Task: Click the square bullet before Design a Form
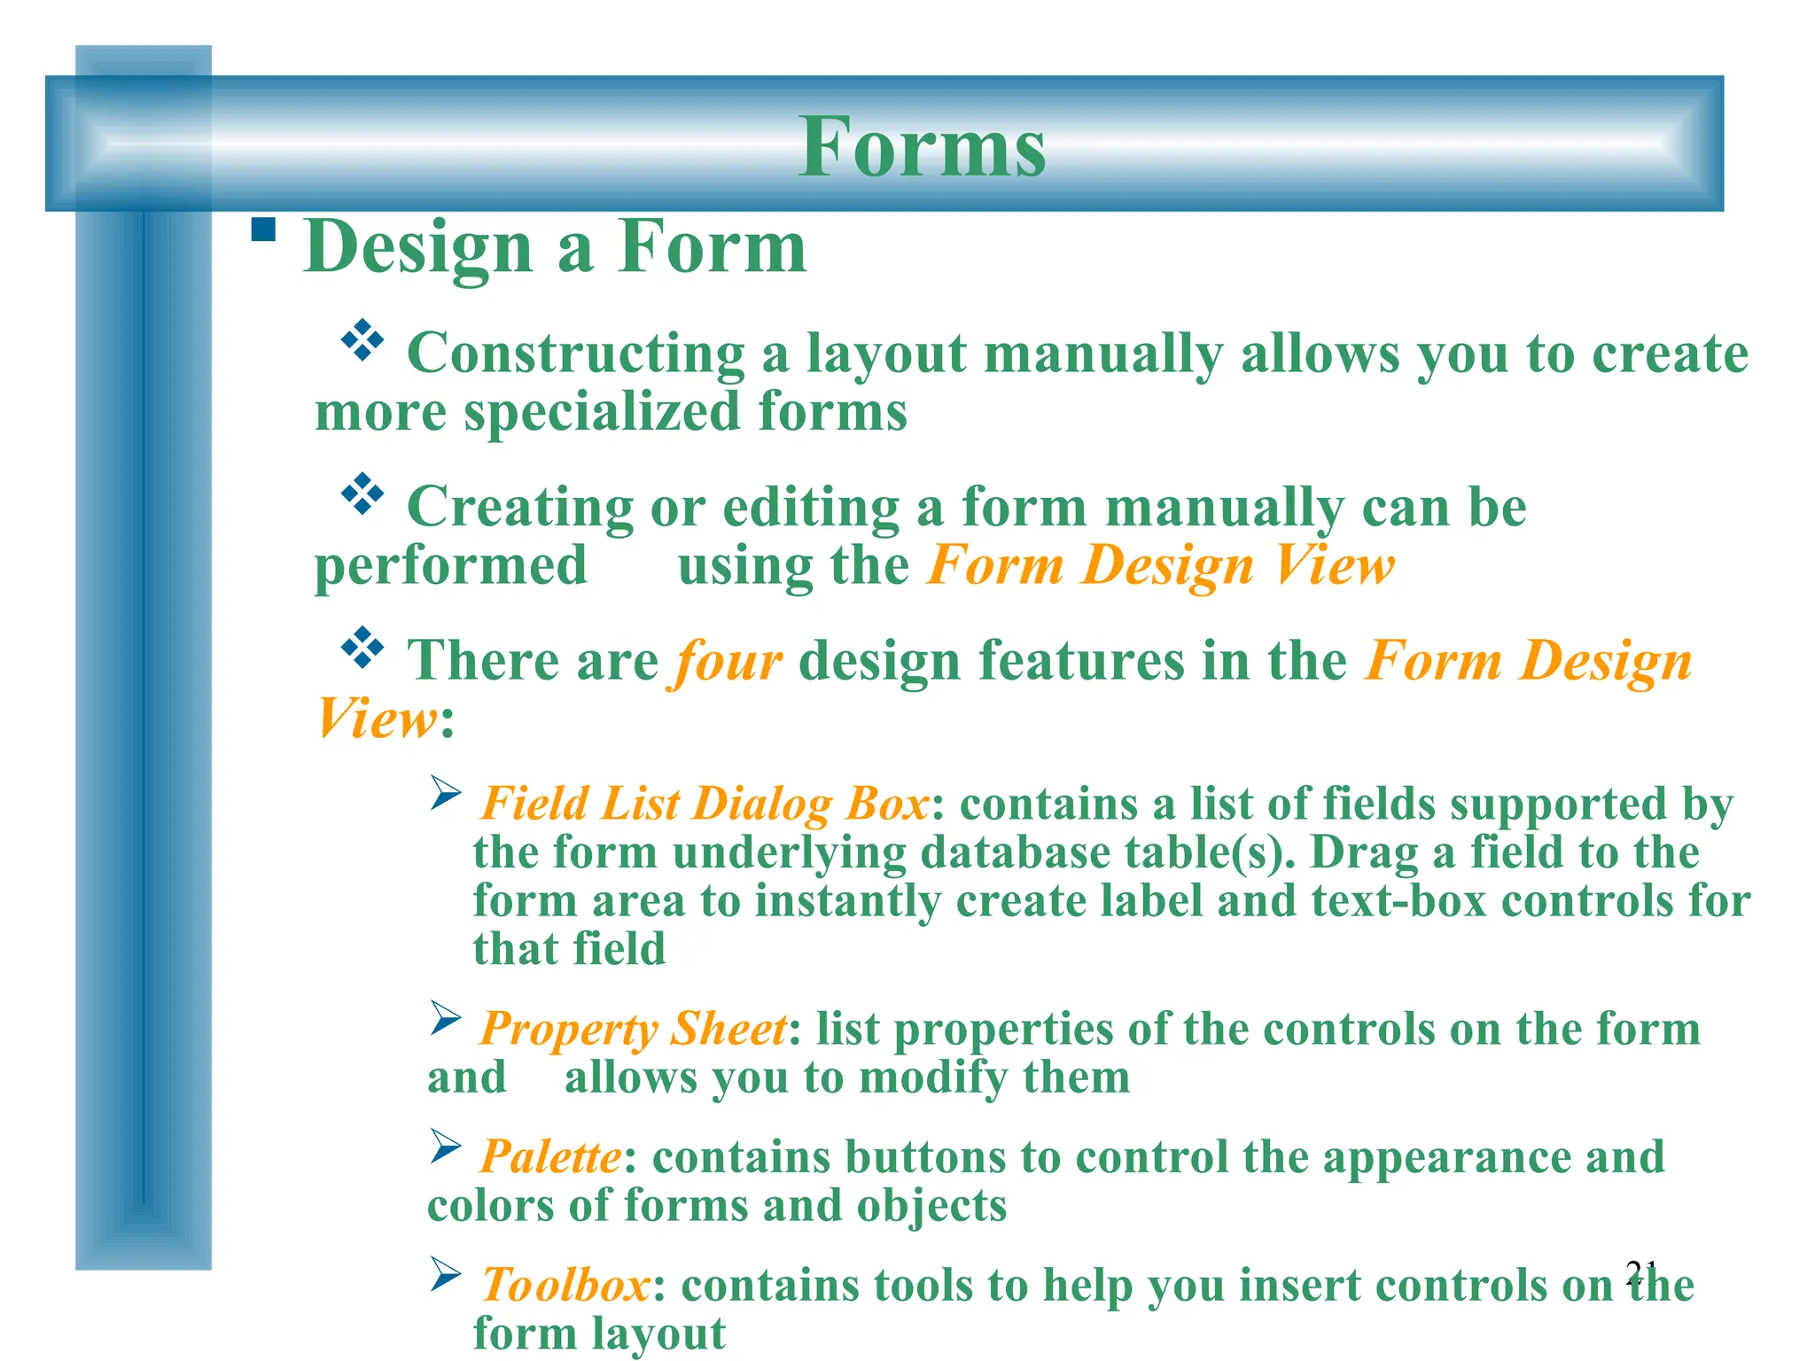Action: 263,230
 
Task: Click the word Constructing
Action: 575,354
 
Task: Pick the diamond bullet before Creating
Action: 362,494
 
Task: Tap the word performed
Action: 450,566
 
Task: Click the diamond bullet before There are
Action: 362,648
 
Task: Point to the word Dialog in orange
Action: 761,805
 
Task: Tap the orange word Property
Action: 568,1030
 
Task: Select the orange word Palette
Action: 550,1157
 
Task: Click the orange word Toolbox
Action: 565,1285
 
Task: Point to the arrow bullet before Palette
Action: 446,1147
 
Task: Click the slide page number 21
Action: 1641,1272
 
